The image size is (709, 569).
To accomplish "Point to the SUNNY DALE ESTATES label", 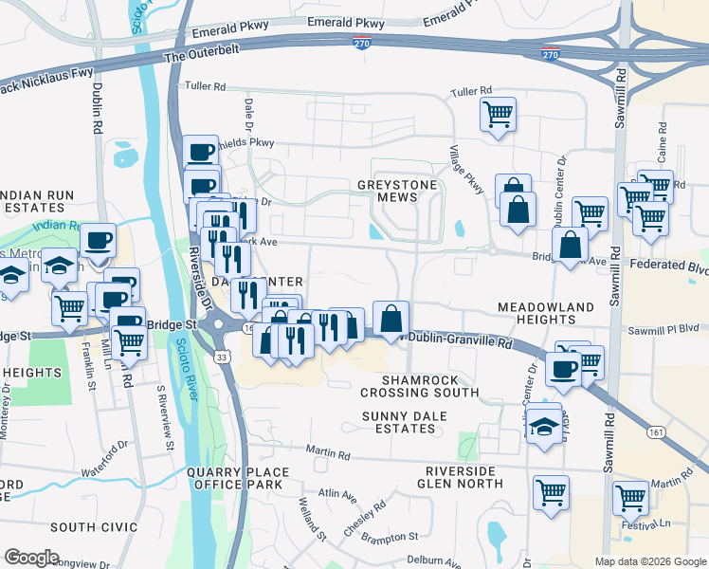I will coord(398,422).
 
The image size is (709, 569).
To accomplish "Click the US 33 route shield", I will coord(221,357).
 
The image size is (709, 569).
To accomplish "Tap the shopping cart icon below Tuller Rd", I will coord(498,116).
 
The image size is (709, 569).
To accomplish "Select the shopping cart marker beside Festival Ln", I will coord(630,496).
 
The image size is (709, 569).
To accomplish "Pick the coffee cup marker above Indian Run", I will coord(98,241).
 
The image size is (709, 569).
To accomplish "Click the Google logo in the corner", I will coord(31,558).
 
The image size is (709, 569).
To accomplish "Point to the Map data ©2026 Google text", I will coord(649,561).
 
